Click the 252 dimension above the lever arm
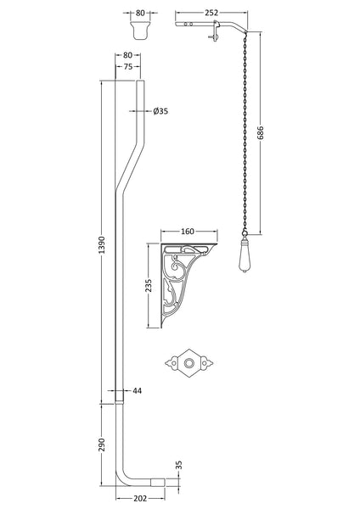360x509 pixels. point(211,13)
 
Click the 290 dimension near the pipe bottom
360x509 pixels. point(102,445)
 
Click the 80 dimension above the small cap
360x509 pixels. point(140,13)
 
